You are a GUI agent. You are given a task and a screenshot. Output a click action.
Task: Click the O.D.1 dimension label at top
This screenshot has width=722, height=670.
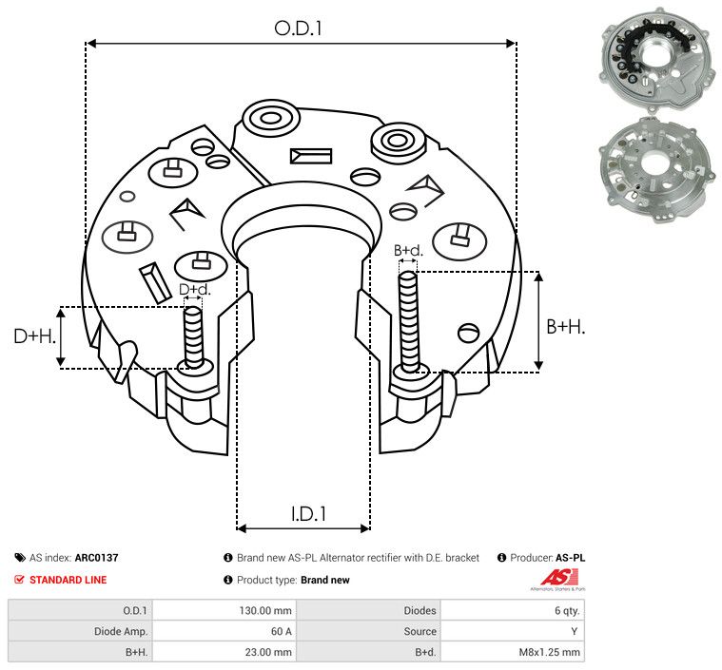(299, 29)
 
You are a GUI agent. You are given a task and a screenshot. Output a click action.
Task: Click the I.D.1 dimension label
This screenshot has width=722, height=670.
(308, 514)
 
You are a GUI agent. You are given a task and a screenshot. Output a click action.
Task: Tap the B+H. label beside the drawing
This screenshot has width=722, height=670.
(565, 326)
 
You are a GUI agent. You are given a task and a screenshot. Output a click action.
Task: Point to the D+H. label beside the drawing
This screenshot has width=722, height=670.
(34, 335)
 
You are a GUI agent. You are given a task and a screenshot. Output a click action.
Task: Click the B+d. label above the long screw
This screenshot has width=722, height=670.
(407, 251)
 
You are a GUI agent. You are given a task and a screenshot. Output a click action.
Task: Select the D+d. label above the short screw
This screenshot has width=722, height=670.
(193, 289)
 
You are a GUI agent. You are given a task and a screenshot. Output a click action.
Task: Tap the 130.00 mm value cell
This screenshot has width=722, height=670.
(271, 610)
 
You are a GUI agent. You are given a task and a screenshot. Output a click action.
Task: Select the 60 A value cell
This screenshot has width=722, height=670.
(282, 631)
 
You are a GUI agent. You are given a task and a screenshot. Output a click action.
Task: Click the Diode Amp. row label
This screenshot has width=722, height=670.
(121, 631)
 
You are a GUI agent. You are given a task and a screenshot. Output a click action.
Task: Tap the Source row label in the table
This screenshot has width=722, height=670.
(420, 631)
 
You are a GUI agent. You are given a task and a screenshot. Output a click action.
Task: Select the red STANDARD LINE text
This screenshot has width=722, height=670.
(68, 580)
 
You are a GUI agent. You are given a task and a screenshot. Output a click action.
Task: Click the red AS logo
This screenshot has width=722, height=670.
(554, 577)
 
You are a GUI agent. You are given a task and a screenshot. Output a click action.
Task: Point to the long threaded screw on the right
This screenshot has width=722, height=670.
(409, 323)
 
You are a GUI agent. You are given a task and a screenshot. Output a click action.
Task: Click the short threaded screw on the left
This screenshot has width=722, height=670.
(193, 337)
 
